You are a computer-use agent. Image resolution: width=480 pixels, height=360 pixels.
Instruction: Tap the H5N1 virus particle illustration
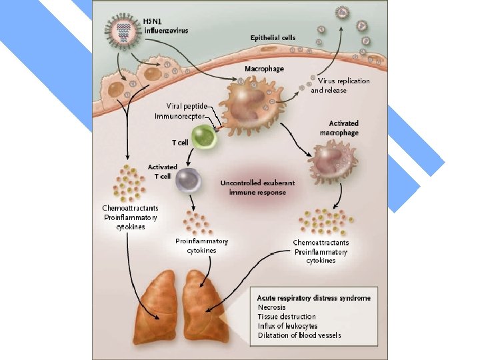coord(121,29)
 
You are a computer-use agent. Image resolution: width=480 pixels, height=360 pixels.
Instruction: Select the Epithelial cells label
coord(273,38)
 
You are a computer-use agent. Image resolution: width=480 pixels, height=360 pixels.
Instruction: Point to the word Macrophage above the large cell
coord(264,69)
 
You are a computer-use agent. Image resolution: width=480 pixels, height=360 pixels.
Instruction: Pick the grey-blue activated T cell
coord(189,180)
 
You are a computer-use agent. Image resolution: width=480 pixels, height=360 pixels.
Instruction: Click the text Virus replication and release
coord(339,85)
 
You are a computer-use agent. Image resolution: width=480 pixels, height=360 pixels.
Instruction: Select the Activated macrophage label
coord(343,128)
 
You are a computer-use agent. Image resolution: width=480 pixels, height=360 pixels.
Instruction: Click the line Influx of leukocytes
coord(287,326)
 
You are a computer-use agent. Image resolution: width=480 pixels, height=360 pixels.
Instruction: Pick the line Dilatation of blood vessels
coord(299,335)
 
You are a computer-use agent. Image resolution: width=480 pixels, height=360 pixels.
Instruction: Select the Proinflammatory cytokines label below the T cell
coord(201,245)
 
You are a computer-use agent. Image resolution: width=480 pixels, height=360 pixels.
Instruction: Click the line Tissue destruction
coord(287,317)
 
